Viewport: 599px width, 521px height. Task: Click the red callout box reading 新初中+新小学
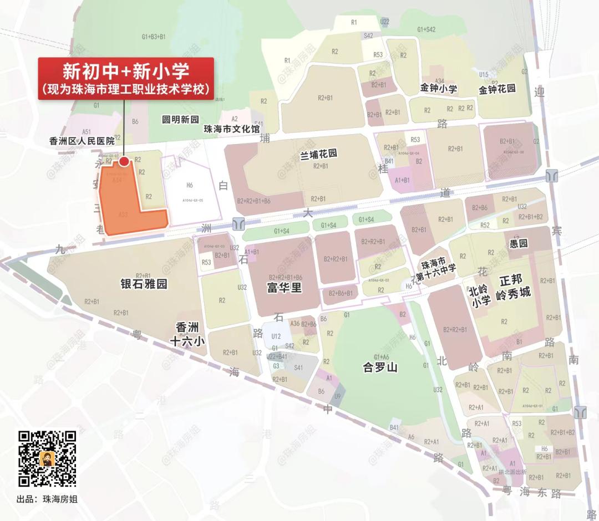pyautogui.click(x=126, y=79)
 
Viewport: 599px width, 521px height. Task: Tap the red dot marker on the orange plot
pyautogui.click(x=124, y=161)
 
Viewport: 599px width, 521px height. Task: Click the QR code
pyautogui.click(x=47, y=459)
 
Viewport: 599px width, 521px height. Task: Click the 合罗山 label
pyautogui.click(x=380, y=367)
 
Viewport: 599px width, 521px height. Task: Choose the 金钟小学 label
pyautogui.click(x=439, y=89)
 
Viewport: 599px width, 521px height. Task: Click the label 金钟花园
pyautogui.click(x=498, y=89)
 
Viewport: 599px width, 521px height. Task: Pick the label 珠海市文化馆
pyautogui.click(x=232, y=129)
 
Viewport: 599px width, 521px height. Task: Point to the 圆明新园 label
pyautogui.click(x=180, y=120)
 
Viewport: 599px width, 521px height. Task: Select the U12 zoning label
pyautogui.click(x=276, y=336)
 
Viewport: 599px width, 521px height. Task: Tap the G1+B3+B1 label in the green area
pyautogui.click(x=154, y=37)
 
